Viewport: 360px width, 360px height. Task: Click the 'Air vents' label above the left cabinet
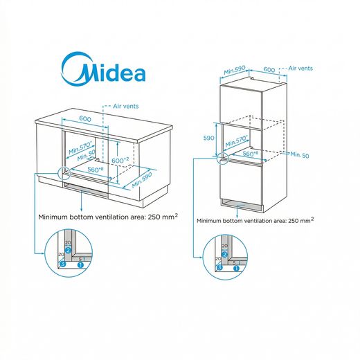(126, 106)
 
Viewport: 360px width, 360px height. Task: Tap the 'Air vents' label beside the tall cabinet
(300, 69)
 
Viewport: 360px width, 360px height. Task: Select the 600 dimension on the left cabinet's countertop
(85, 118)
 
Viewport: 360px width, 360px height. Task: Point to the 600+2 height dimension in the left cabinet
(120, 160)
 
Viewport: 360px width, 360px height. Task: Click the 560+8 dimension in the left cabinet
(96, 170)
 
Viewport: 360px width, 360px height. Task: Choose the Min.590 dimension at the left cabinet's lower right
(142, 180)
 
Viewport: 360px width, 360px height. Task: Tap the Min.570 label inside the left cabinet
(80, 147)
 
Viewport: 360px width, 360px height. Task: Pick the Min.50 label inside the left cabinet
(86, 155)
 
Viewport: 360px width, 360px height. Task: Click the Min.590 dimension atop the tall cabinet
(235, 70)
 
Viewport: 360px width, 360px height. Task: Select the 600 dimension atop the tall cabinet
(269, 69)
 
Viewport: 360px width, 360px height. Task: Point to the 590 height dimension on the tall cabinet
(208, 138)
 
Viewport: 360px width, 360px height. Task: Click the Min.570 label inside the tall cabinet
(237, 141)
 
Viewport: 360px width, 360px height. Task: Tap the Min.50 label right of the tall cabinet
(300, 154)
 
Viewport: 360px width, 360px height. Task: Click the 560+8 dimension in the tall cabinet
(251, 154)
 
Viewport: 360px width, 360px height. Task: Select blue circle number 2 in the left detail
(68, 250)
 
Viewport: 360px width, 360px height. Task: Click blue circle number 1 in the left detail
(80, 265)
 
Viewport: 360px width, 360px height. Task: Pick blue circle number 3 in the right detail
(219, 267)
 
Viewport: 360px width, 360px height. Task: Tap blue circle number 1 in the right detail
(236, 269)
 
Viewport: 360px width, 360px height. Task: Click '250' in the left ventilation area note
(154, 217)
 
